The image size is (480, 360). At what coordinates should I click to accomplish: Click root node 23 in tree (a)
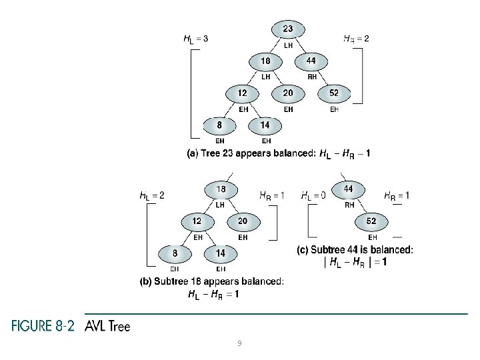pyautogui.click(x=287, y=30)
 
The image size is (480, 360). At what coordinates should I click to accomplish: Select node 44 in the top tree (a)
pyautogui.click(x=311, y=61)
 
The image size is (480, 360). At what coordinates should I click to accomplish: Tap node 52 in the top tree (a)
pyautogui.click(x=334, y=94)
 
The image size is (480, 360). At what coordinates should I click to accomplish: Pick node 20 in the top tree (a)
pyautogui.click(x=288, y=94)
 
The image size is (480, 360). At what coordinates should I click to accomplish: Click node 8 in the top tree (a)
pyautogui.click(x=219, y=125)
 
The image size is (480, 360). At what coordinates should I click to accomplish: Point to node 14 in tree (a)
pyautogui.click(x=265, y=125)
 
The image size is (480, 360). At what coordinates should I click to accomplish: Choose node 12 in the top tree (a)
pyautogui.click(x=242, y=94)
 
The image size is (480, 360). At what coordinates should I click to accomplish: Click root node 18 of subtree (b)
pyautogui.click(x=221, y=190)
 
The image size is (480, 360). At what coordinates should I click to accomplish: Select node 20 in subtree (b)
pyautogui.click(x=243, y=221)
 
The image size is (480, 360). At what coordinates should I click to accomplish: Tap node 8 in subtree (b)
pyautogui.click(x=174, y=253)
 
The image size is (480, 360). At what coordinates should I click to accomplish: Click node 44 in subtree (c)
pyautogui.click(x=349, y=189)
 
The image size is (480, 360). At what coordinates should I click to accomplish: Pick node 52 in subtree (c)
pyautogui.click(x=372, y=221)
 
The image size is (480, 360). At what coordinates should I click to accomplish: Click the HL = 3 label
pyautogui.click(x=195, y=39)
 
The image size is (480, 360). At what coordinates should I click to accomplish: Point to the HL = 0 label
pyautogui.click(x=313, y=195)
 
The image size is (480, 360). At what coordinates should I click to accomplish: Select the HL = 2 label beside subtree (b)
pyautogui.click(x=151, y=195)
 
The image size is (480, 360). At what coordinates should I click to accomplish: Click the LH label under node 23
pyautogui.click(x=288, y=45)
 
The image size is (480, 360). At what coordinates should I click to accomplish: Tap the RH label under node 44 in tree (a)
pyautogui.click(x=311, y=77)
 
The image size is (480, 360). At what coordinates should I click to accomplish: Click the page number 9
pyautogui.click(x=239, y=343)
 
